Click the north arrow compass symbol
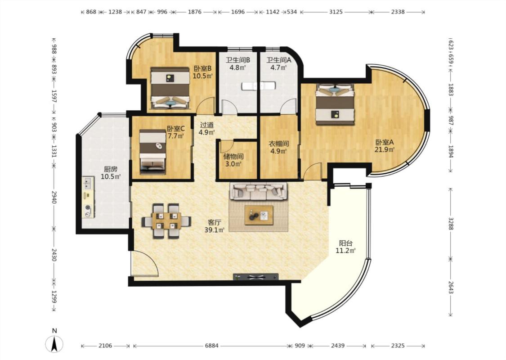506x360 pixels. coord(55,344)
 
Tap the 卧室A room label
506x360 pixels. coord(385,142)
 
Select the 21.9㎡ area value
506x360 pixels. coord(385,149)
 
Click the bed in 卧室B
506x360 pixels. coord(170,88)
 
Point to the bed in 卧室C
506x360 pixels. coord(152,152)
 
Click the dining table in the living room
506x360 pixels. coord(166,221)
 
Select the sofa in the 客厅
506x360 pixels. coord(258,191)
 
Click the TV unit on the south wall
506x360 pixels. coord(255,277)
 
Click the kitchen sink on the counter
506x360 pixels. coord(87,183)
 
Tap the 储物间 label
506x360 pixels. coord(233,157)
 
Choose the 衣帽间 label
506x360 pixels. coord(279,144)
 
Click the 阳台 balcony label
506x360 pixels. coord(345,243)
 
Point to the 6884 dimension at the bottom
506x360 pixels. coord(212,346)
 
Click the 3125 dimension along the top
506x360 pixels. coord(336,12)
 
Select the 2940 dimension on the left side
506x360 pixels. coord(54,197)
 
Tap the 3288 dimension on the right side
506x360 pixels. coord(451,223)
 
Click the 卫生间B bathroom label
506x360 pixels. coord(238,60)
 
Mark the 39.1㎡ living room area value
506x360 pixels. coord(214,230)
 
